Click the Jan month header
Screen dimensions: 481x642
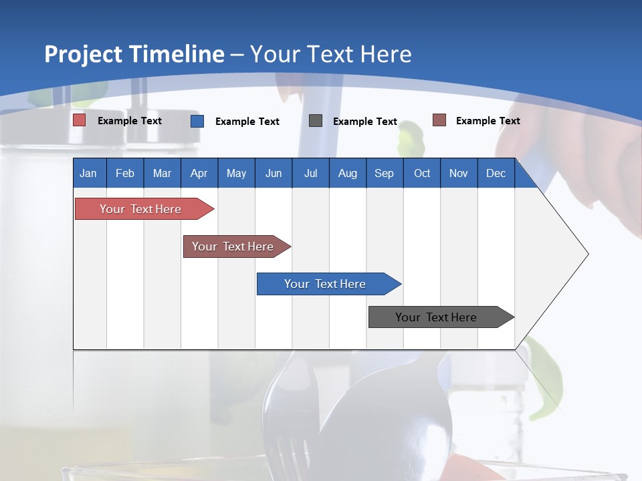click(88, 173)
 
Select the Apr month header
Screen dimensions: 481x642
click(199, 173)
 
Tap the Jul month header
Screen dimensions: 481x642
click(310, 173)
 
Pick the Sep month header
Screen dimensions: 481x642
click(384, 173)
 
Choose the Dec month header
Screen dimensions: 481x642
click(496, 173)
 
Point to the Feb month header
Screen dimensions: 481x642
click(125, 173)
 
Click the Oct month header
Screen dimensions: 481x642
click(422, 173)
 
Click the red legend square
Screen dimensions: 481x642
click(80, 120)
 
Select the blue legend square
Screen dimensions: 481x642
click(197, 121)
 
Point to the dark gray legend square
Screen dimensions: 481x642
click(316, 121)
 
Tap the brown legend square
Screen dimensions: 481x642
click(439, 120)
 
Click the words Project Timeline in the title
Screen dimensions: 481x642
click(134, 54)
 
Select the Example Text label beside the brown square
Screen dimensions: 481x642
click(488, 121)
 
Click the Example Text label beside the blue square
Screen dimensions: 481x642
click(247, 122)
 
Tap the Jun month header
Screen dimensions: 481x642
click(274, 173)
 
